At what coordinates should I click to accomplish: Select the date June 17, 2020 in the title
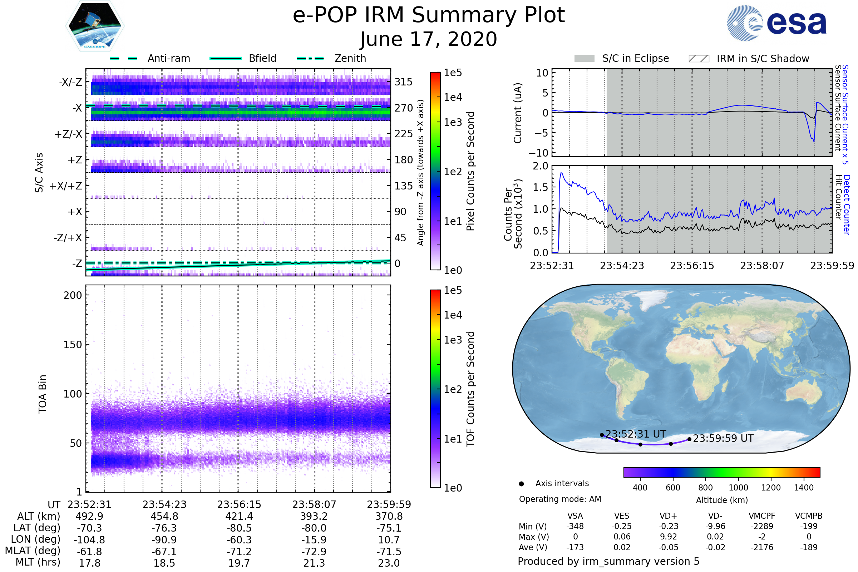429,39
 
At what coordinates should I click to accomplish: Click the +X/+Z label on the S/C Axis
66,186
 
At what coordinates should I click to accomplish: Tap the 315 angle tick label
403,82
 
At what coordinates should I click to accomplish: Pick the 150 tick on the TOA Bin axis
73,345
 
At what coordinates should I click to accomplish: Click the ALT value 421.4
239,516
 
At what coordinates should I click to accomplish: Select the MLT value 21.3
314,563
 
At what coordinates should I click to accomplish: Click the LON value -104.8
89,539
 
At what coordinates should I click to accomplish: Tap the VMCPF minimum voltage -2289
762,526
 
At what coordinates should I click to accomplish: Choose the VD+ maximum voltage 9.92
668,537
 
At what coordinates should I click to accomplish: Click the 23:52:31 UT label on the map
636,434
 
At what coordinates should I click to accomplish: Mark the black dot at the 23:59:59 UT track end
689,439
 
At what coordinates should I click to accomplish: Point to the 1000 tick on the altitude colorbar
738,488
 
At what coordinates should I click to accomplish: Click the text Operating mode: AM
560,499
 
